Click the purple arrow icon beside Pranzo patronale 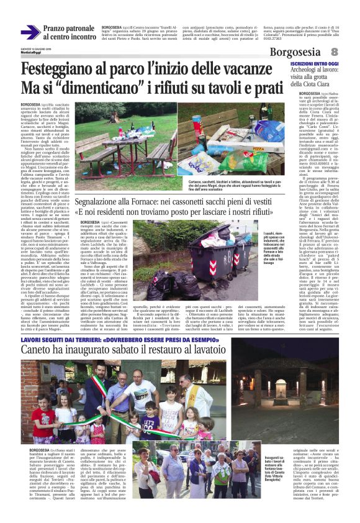30,32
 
